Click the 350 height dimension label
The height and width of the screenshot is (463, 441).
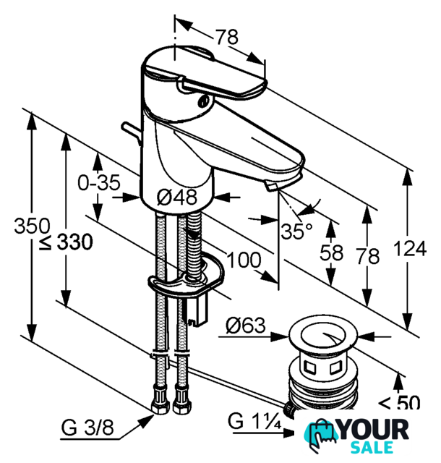pos(33,226)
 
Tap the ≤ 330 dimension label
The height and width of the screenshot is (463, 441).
pos(67,242)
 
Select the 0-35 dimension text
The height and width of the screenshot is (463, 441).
pos(99,182)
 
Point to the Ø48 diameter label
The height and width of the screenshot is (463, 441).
pos(177,197)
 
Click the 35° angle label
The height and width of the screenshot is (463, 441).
pos(296,231)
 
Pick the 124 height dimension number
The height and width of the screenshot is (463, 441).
pos(410,248)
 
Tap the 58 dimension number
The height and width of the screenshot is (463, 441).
pos(332,252)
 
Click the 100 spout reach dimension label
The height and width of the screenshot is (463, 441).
pos(244,260)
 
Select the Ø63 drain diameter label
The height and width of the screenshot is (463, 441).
pos(246,325)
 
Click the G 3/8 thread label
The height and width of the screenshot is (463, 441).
pos(87,428)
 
